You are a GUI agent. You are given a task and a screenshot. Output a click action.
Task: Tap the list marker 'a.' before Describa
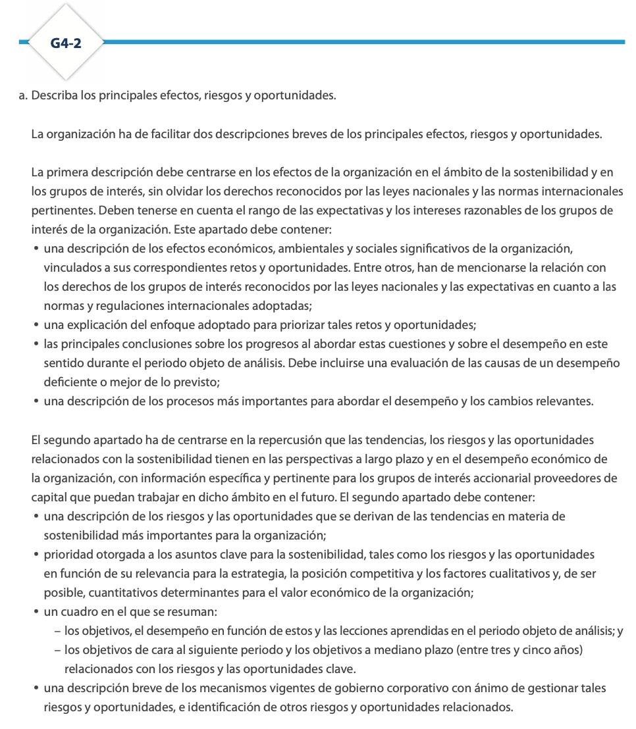(24, 96)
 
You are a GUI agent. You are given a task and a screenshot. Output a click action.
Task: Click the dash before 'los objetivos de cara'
(58, 650)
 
